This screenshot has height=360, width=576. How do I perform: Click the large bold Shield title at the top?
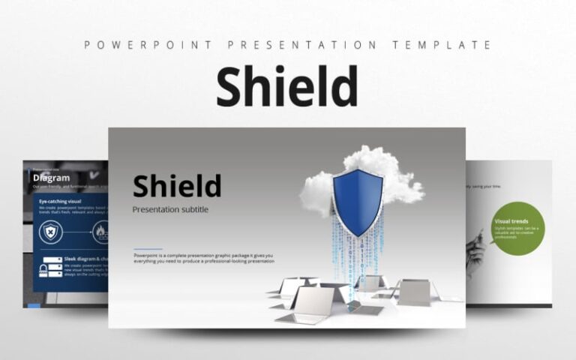point(287,88)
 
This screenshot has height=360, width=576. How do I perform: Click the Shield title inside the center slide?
point(177,185)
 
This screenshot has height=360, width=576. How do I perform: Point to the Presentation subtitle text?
point(170,209)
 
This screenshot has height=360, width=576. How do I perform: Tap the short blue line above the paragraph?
point(148,248)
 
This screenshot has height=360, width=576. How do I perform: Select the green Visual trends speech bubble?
point(518,226)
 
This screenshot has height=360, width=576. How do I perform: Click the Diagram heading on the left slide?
point(52,178)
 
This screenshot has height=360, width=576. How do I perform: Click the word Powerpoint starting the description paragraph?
point(146,256)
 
